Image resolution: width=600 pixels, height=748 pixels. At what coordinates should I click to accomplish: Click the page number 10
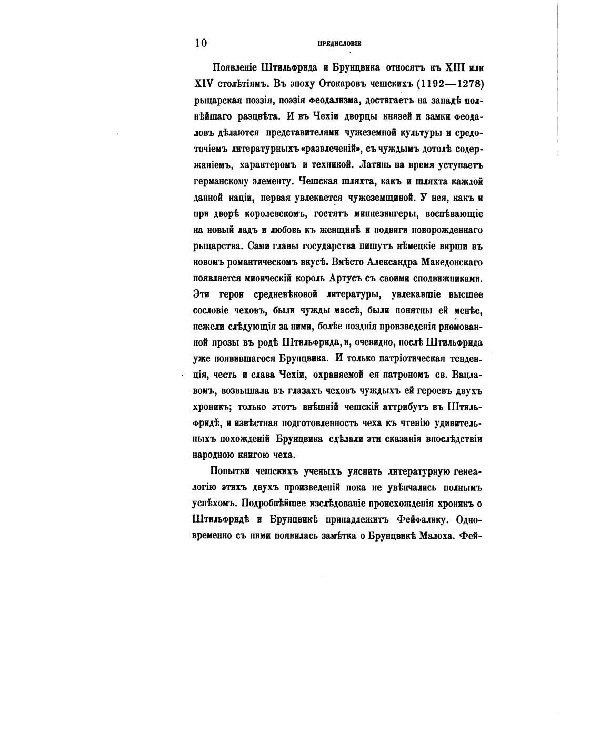click(x=201, y=43)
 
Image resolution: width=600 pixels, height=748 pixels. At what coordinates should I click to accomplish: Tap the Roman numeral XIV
click(x=204, y=84)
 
